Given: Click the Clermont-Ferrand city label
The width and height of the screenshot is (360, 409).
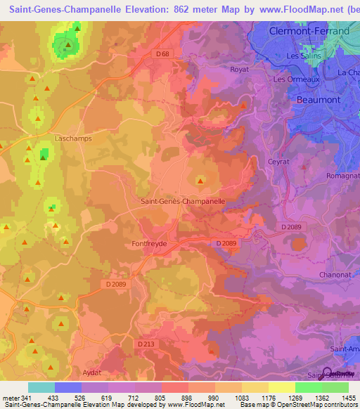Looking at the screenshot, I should [x=309, y=32].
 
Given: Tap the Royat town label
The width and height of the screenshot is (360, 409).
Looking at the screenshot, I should [x=240, y=70].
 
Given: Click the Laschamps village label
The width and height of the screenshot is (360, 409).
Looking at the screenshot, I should [x=72, y=138].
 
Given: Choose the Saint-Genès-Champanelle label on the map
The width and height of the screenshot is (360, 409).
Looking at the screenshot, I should [x=183, y=201].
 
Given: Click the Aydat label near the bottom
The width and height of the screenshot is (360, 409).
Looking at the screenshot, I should [x=91, y=372].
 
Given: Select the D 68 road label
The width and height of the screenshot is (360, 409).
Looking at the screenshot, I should [x=163, y=54].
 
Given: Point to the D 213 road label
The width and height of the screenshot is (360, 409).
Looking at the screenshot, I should [x=146, y=344].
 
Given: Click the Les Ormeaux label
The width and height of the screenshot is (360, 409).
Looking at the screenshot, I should [x=294, y=79].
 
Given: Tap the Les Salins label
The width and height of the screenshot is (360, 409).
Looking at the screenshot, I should [x=303, y=56].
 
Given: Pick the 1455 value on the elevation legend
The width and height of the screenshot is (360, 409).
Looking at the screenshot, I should [x=348, y=398].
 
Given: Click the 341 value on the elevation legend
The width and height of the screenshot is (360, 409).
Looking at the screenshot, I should [x=30, y=398].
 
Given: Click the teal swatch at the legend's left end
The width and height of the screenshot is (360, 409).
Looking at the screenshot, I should [x=41, y=387].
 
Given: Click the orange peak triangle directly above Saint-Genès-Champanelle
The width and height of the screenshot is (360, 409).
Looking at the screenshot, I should [x=200, y=181].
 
